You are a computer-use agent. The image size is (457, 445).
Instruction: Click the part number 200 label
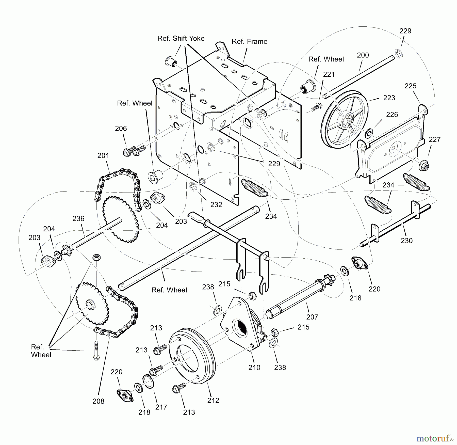tap(363, 55)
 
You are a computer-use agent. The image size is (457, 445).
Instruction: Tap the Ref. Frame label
tap(249, 41)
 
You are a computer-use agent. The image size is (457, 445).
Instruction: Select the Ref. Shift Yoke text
tap(181, 38)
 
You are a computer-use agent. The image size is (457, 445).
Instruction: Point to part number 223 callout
tap(389, 98)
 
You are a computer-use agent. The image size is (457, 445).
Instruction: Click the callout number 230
tap(406, 241)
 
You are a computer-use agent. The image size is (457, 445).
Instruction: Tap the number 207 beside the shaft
tap(312, 317)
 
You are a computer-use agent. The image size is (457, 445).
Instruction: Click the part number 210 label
tap(254, 368)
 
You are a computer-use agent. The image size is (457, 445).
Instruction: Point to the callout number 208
tap(98, 401)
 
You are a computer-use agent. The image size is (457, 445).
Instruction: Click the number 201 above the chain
tap(103, 155)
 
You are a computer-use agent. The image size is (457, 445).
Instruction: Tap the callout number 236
tap(78, 218)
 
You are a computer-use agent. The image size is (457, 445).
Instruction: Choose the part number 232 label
tap(216, 205)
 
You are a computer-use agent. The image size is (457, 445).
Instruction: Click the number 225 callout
tap(410, 86)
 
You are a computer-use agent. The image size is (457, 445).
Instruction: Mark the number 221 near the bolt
tap(329, 74)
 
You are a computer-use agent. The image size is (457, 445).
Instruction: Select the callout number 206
tap(121, 129)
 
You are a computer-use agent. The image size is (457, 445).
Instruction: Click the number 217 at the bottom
tap(161, 407)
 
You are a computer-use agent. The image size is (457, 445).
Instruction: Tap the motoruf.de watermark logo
tap(434, 438)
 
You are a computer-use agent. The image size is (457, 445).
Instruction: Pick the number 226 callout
tap(392, 115)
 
